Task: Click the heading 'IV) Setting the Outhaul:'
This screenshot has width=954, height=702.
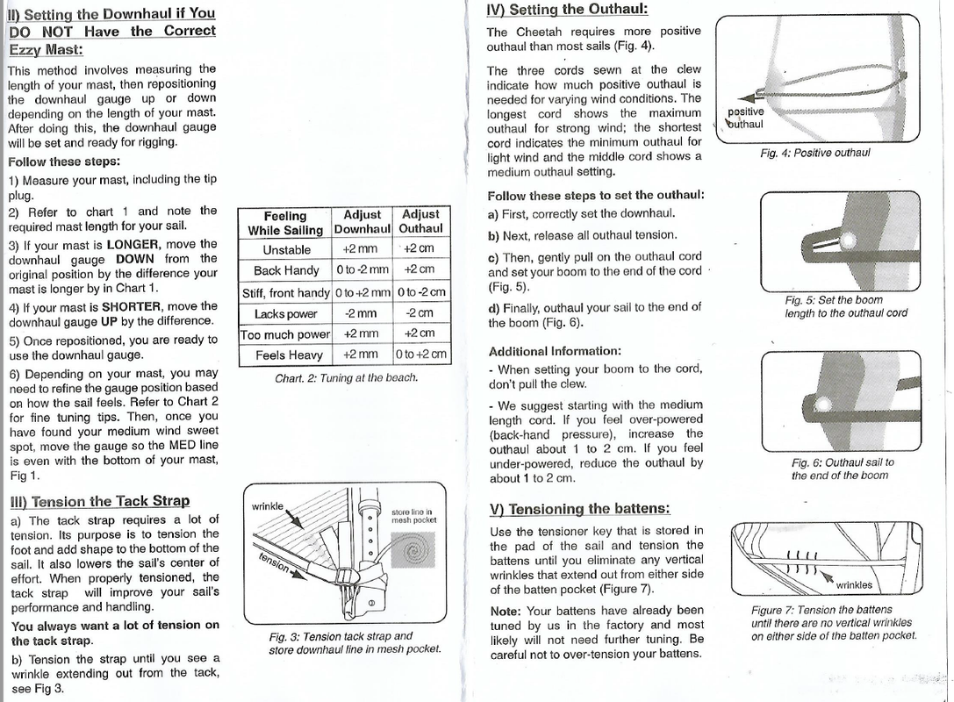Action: pyautogui.click(x=567, y=10)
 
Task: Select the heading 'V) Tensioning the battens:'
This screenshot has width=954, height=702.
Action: pyautogui.click(x=579, y=509)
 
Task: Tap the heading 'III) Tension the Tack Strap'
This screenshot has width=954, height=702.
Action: pyautogui.click(x=98, y=501)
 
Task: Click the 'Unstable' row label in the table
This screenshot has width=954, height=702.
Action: pyautogui.click(x=286, y=249)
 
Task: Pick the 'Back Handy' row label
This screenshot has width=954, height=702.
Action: pyautogui.click(x=286, y=270)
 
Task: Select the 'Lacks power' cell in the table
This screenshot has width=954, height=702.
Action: pyautogui.click(x=286, y=313)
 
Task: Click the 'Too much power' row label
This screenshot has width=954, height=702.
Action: pyautogui.click(x=286, y=334)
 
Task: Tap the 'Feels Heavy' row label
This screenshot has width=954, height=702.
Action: pyautogui.click(x=286, y=355)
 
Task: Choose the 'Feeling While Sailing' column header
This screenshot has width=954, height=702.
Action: pyautogui.click(x=286, y=222)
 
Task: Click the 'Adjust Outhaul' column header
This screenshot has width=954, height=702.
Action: pyautogui.click(x=420, y=221)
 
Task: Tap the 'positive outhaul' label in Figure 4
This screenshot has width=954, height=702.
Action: pyautogui.click(x=745, y=118)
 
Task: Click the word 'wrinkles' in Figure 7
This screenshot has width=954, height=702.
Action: pyautogui.click(x=854, y=584)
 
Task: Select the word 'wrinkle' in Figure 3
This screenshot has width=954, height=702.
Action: pyautogui.click(x=268, y=506)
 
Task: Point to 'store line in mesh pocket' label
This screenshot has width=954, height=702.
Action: pyautogui.click(x=413, y=515)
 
